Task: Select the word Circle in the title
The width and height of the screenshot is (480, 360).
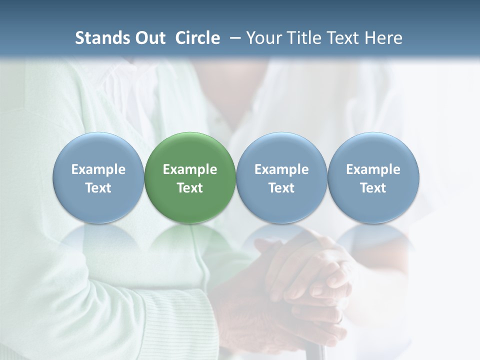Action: point(197,38)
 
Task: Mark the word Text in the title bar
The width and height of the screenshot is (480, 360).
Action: point(344,38)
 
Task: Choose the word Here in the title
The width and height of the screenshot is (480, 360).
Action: point(384,38)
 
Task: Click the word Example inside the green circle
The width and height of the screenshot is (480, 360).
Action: point(190,170)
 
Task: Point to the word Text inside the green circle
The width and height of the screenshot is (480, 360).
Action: point(190,188)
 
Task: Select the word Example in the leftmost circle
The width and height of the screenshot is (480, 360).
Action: point(98,170)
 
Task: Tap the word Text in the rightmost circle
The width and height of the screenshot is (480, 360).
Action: point(373,188)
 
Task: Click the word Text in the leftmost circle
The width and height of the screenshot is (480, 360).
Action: point(98,188)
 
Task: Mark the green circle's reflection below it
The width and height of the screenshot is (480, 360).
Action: point(190,240)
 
